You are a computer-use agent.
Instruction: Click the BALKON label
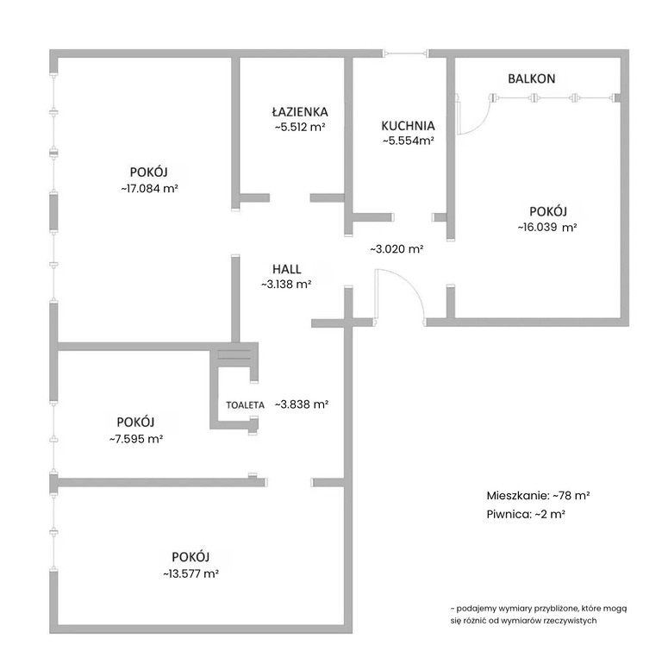[x=531, y=78]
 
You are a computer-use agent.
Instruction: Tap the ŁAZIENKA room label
[x=300, y=111]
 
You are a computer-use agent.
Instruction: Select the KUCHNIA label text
[x=408, y=126]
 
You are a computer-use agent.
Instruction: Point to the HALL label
[x=286, y=269]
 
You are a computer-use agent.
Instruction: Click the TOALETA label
[x=246, y=404]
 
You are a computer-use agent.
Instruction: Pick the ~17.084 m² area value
[x=149, y=189]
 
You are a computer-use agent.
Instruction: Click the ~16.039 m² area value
[x=547, y=227]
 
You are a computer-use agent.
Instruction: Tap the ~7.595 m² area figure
[x=136, y=439]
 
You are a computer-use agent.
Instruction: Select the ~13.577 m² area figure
[x=190, y=573]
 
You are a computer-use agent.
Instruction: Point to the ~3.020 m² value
[x=397, y=249]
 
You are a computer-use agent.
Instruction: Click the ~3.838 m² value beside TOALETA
[x=302, y=404]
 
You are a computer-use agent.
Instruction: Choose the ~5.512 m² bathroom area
[x=300, y=127]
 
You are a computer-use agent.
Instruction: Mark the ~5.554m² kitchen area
[x=409, y=141]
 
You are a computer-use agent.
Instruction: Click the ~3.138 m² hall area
[x=286, y=285]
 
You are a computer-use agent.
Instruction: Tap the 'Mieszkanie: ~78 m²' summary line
[x=539, y=496]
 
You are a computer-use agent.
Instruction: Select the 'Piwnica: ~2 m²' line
[x=526, y=515]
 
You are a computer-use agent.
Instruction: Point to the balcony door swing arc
[x=482, y=122]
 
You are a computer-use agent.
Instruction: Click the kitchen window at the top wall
[x=406, y=53]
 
